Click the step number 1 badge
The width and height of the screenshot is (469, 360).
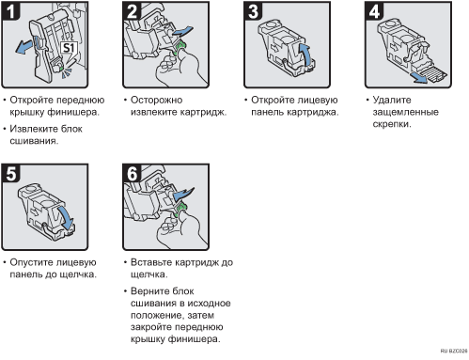pos(10,11)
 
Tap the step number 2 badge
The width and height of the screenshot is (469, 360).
pos(132,11)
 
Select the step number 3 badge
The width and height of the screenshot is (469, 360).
pos(253,11)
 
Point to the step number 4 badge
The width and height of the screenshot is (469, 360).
pos(374,11)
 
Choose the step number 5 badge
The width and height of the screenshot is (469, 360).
pos(10,173)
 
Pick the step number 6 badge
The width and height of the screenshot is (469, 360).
pos(132,173)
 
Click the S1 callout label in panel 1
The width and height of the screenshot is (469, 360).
pos(69,48)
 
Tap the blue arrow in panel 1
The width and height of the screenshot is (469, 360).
pos(24,46)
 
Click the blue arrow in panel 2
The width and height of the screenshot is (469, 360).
pos(182,31)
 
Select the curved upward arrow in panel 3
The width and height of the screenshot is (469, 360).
pos(305,55)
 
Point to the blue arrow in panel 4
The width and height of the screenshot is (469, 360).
pos(420,78)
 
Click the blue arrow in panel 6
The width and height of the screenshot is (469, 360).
pos(183,195)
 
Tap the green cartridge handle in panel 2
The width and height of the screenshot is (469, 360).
pos(181,47)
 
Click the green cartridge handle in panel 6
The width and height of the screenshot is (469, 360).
pos(181,210)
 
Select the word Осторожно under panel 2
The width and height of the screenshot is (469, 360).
pos(156,100)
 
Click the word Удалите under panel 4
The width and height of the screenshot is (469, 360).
pos(392,100)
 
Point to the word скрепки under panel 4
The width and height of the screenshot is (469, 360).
pos(392,124)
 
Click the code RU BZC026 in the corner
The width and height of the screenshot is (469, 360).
pos(454,351)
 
